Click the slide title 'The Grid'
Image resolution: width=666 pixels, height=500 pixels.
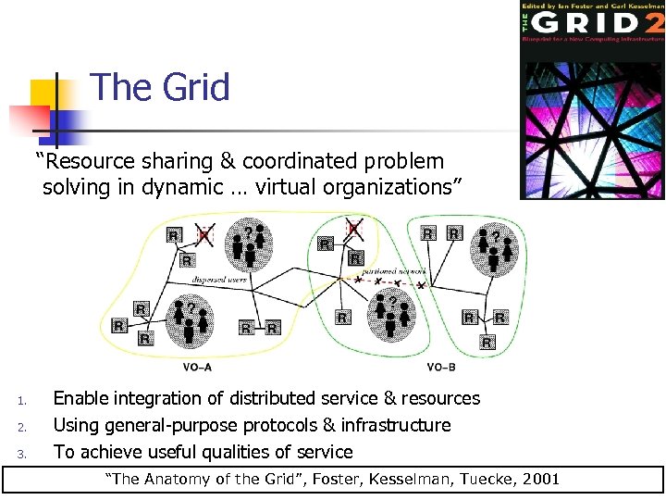pyautogui.click(x=160, y=88)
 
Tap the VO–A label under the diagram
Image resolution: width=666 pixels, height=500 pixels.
pyautogui.click(x=197, y=367)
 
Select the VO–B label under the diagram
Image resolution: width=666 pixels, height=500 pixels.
pyautogui.click(x=440, y=367)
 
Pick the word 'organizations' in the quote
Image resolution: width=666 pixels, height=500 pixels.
pyautogui.click(x=392, y=187)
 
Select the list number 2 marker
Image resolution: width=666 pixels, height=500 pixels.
pyautogui.click(x=22, y=427)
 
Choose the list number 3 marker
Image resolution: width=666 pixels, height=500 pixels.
pyautogui.click(x=22, y=454)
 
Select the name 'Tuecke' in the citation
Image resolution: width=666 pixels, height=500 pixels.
pyautogui.click(x=470, y=480)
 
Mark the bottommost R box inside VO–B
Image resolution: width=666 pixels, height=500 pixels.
pyautogui.click(x=487, y=344)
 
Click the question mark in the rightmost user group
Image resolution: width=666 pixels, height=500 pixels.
pyautogui.click(x=496, y=237)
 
